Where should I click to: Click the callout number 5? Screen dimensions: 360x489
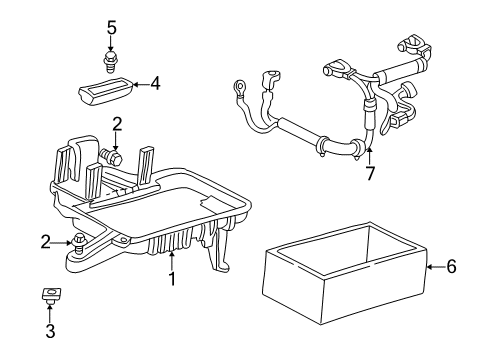(112, 27)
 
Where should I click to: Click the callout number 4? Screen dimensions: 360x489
(154, 85)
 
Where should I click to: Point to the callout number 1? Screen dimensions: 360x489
(171, 279)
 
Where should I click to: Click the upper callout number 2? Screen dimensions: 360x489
(117, 125)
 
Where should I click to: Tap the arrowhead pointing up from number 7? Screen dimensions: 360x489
(369, 151)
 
